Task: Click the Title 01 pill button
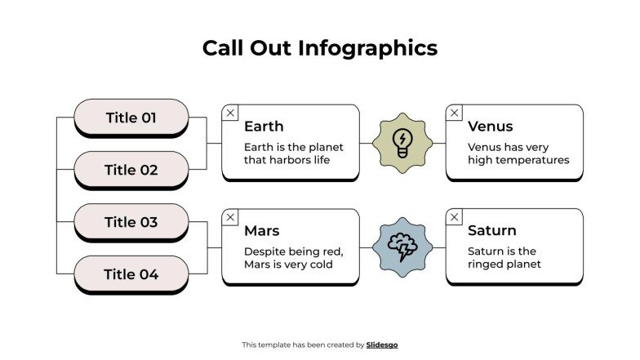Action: tap(131, 118)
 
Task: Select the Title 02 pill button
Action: tap(131, 170)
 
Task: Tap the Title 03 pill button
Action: tap(131, 222)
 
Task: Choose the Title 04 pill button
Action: tap(131, 274)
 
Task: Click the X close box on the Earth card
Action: tap(231, 113)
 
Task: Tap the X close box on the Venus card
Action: tap(455, 113)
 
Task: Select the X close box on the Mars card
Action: tap(231, 217)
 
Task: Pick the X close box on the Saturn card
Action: tap(455, 217)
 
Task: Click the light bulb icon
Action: tap(402, 142)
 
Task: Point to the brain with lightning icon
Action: tap(402, 247)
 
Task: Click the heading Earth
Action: tap(264, 127)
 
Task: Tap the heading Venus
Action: tap(490, 127)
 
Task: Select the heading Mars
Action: tap(261, 231)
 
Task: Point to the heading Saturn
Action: tap(491, 231)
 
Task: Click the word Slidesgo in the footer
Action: tap(382, 344)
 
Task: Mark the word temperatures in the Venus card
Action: tap(531, 160)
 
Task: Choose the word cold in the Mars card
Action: tap(320, 264)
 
